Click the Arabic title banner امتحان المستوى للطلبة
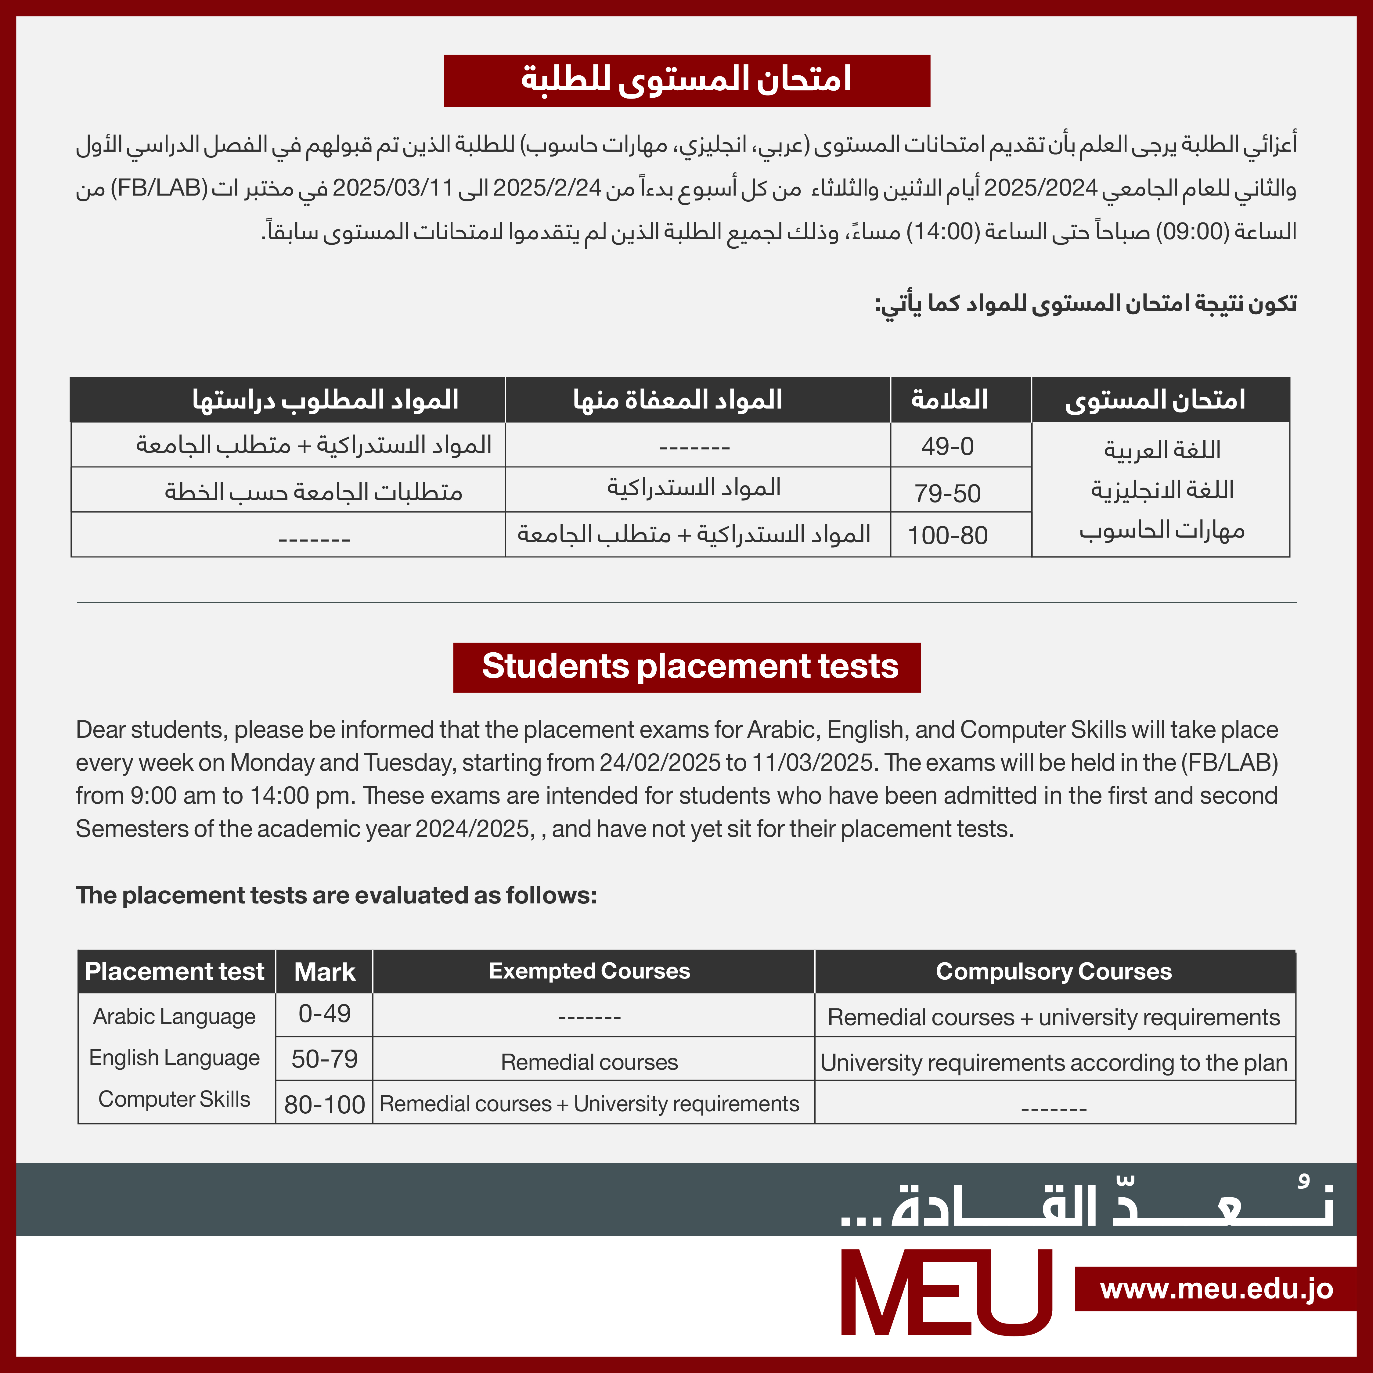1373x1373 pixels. pos(686,80)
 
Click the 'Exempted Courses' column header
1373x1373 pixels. pos(589,971)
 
